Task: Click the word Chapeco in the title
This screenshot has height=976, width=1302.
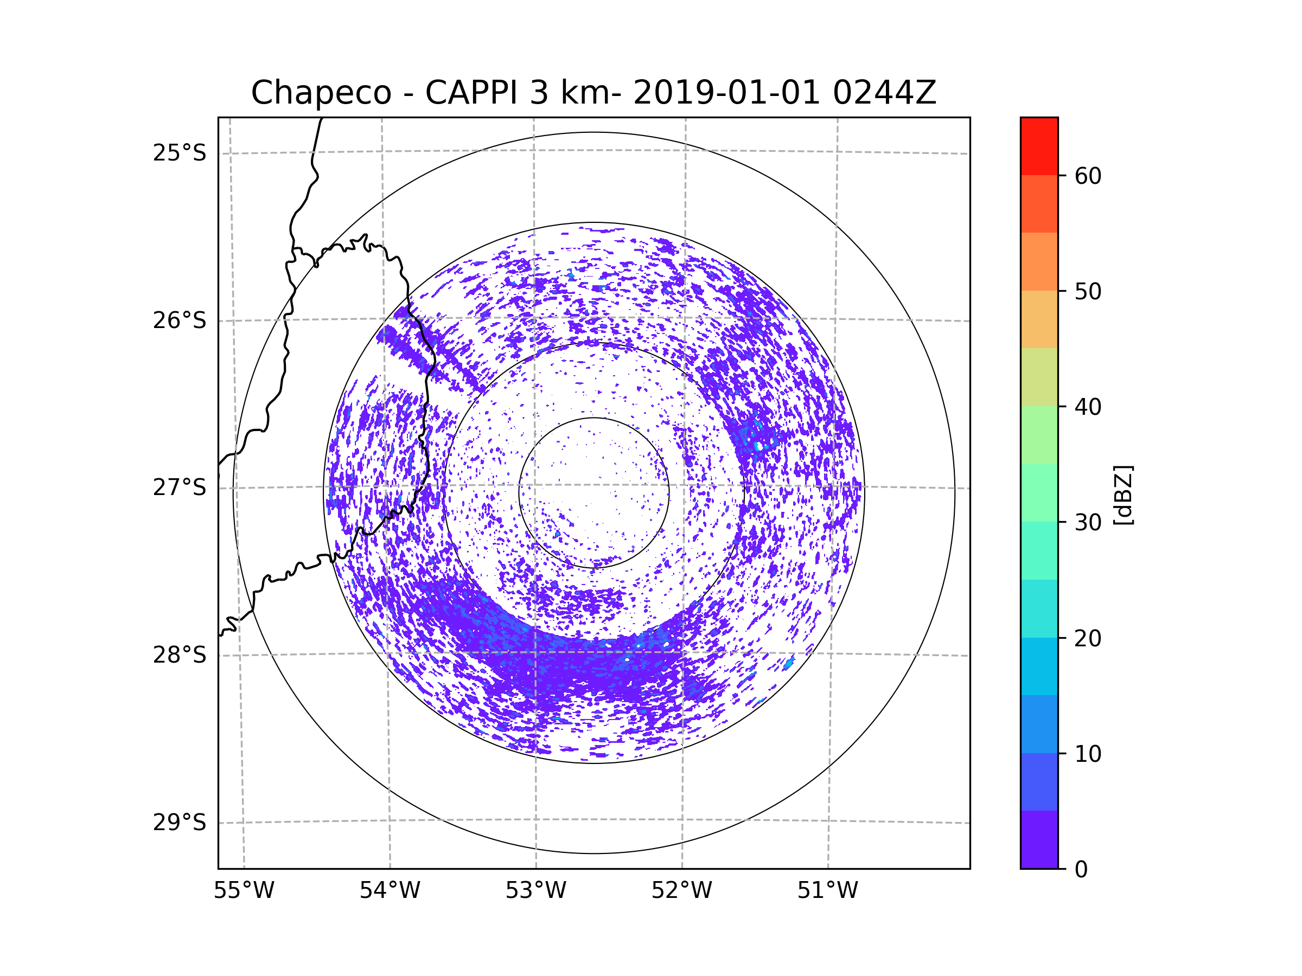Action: pos(321,93)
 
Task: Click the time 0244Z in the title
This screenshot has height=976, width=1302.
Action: pos(884,93)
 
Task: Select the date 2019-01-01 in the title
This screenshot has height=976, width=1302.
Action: pos(726,93)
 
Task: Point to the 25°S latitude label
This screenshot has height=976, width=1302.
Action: pos(180,153)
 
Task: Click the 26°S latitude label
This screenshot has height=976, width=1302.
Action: pos(180,320)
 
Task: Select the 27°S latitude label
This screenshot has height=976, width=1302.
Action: pos(180,487)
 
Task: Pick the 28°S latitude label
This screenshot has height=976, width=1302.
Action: pos(180,655)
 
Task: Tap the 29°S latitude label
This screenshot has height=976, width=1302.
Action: pos(180,823)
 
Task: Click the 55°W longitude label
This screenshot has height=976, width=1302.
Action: pos(244,891)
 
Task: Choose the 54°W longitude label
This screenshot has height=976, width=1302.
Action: pos(390,891)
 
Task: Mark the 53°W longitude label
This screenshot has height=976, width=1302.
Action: pos(535,891)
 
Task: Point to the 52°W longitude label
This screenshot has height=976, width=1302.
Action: pos(681,891)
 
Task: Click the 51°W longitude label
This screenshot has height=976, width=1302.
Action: pos(827,891)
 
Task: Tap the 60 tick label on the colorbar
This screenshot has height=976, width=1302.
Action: pos(1088,176)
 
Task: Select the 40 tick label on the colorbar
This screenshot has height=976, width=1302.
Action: pos(1088,407)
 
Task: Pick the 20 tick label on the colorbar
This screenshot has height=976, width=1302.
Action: pos(1088,638)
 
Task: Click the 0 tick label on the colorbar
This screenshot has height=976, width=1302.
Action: pos(1081,870)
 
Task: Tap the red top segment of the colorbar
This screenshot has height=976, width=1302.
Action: pos(1039,146)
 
